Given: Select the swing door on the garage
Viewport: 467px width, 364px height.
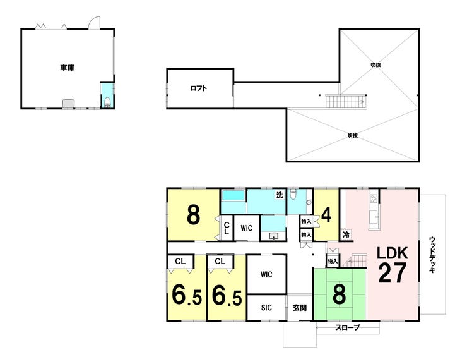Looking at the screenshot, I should pyautogui.click(x=93, y=23).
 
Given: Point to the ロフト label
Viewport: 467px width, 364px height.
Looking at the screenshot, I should pyautogui.click(x=199, y=88).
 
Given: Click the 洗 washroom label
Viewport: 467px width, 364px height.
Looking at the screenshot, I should pyautogui.click(x=279, y=195).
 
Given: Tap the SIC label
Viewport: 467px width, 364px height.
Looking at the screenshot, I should pyautogui.click(x=266, y=308).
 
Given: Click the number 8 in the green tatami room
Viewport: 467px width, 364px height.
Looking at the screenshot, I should pyautogui.click(x=340, y=294).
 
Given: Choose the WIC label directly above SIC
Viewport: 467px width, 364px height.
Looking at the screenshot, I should pyautogui.click(x=266, y=274).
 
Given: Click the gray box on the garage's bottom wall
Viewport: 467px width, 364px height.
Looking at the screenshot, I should pyautogui.click(x=68, y=103).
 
